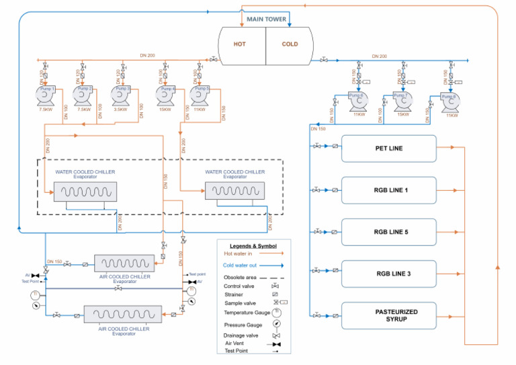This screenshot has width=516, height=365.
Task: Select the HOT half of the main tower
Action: tap(240, 44)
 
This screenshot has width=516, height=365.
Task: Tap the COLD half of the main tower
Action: tap(290, 44)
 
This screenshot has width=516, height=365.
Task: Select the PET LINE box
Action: tap(388, 148)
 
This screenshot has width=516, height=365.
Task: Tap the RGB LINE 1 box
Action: tap(388, 190)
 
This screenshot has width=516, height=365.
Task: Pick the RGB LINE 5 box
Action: tap(388, 232)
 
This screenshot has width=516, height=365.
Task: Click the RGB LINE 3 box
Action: tap(388, 274)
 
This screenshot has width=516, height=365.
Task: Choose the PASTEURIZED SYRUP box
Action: tap(388, 316)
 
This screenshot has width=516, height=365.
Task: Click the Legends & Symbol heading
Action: tap(253, 246)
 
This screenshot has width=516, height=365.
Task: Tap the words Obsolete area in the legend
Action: tap(242, 276)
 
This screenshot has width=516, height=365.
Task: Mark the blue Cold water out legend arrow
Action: tap(275, 266)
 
